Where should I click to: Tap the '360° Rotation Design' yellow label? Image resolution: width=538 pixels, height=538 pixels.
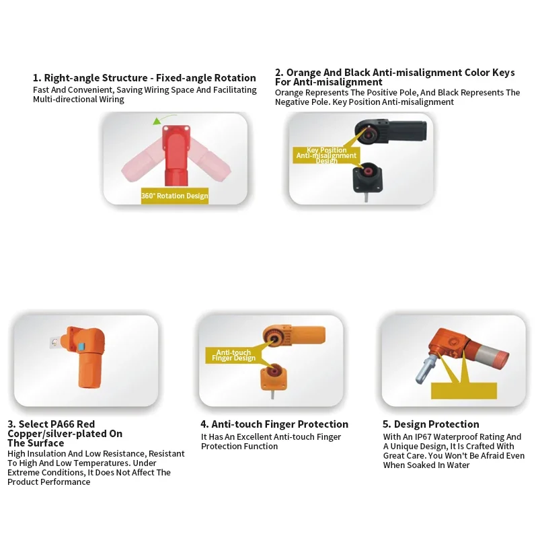point(174,196)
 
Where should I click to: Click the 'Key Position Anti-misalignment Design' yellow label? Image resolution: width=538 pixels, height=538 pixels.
point(326,155)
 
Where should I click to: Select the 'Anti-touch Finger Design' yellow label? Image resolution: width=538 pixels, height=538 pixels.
point(233,355)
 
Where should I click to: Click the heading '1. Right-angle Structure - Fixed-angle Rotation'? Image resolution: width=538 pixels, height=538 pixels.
point(145,78)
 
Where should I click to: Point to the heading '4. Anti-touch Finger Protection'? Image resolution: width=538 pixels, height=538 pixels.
point(274,424)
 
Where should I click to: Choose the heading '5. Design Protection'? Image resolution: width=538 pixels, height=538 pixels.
point(431,424)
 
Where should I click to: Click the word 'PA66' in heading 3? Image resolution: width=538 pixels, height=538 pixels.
point(65,424)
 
